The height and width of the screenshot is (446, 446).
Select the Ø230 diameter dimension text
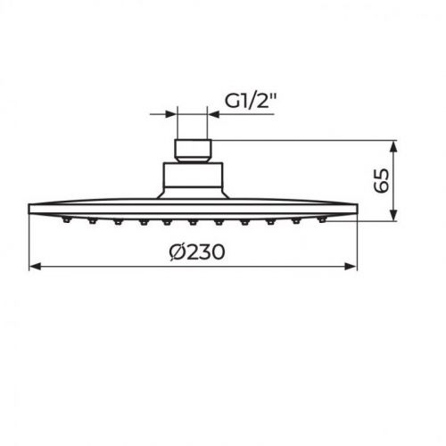click(195, 252)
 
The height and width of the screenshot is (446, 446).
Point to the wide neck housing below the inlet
click(193, 179)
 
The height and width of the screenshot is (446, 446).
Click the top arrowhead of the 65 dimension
click(394, 144)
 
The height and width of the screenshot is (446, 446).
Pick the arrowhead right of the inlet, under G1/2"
click(213, 112)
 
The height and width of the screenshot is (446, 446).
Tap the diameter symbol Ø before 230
click(178, 252)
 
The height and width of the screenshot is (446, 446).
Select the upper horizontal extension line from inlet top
click(303, 138)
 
